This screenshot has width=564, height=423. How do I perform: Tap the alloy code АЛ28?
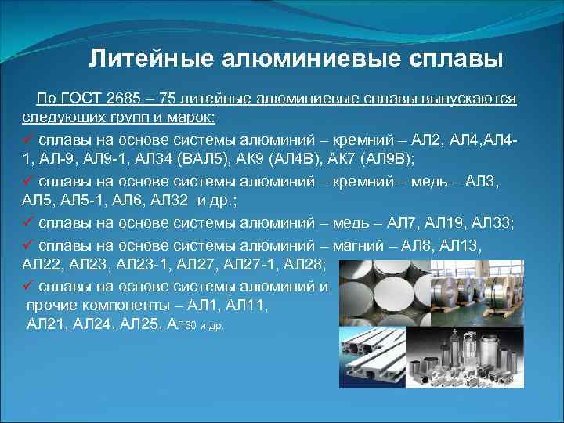(x=312, y=266)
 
